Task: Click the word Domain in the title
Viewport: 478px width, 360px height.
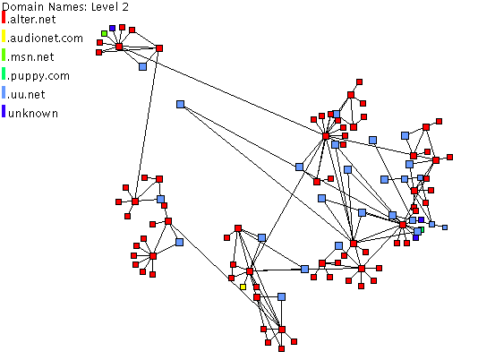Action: (x=20, y=6)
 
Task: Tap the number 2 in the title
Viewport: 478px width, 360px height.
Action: (x=125, y=6)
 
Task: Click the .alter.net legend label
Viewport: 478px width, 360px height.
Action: (x=31, y=20)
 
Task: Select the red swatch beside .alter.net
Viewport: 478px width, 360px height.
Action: (x=4, y=17)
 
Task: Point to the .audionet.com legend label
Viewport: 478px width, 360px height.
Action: (x=46, y=39)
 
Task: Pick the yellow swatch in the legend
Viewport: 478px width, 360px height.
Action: (x=4, y=36)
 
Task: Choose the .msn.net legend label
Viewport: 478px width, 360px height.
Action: (x=30, y=57)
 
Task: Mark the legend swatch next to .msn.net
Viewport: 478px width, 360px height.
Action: (x=4, y=55)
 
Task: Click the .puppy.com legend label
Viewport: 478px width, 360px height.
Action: (x=38, y=76)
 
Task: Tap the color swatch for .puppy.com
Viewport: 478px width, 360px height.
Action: (x=4, y=73)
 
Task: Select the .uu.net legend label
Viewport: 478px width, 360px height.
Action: (x=27, y=95)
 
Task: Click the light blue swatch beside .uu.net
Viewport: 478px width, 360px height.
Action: (x=4, y=92)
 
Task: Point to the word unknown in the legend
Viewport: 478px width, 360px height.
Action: (x=33, y=114)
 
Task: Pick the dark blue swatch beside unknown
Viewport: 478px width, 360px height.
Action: (x=4, y=111)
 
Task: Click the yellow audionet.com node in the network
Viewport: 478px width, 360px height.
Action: (x=243, y=287)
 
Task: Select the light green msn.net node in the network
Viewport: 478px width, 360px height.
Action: (x=104, y=33)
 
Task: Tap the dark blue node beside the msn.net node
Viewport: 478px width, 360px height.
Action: (x=112, y=28)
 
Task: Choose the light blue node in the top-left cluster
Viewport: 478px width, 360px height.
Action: (x=142, y=66)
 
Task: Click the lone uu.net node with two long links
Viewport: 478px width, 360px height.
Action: (x=180, y=105)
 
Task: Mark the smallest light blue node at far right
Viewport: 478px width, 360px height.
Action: (x=445, y=227)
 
